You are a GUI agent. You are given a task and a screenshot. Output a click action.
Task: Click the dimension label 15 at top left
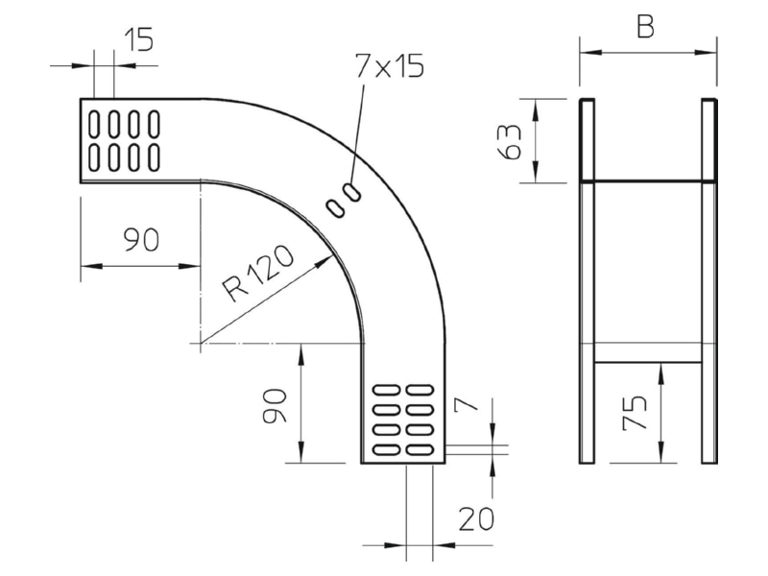click(139, 39)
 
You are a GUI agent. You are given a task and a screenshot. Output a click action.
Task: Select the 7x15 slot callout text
click(390, 65)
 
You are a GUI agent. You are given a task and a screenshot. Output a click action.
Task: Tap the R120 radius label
click(258, 274)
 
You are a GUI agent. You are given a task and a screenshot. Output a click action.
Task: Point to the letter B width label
click(645, 27)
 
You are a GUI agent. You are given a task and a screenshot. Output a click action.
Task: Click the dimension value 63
click(510, 141)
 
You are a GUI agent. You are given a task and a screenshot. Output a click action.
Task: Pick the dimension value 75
click(635, 413)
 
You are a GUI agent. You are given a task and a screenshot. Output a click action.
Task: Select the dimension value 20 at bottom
click(476, 519)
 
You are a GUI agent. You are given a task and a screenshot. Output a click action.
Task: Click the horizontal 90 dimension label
click(141, 240)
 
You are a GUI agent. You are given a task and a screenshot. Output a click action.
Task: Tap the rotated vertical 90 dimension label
click(275, 405)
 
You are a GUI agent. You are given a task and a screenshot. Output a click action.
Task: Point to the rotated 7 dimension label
click(467, 403)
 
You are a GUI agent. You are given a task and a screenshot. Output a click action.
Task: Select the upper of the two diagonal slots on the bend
click(352, 192)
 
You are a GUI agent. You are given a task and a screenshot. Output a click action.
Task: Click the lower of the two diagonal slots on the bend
click(336, 208)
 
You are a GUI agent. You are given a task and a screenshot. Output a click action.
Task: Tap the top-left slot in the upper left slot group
click(93, 123)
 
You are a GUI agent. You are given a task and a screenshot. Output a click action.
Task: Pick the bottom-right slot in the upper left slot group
click(155, 157)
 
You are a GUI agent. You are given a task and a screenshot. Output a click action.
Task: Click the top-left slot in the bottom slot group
click(387, 390)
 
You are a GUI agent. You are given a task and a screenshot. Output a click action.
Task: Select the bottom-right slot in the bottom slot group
click(420, 449)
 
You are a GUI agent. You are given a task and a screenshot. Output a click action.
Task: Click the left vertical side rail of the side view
click(587, 280)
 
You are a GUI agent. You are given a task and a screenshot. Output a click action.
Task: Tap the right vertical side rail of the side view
click(709, 280)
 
